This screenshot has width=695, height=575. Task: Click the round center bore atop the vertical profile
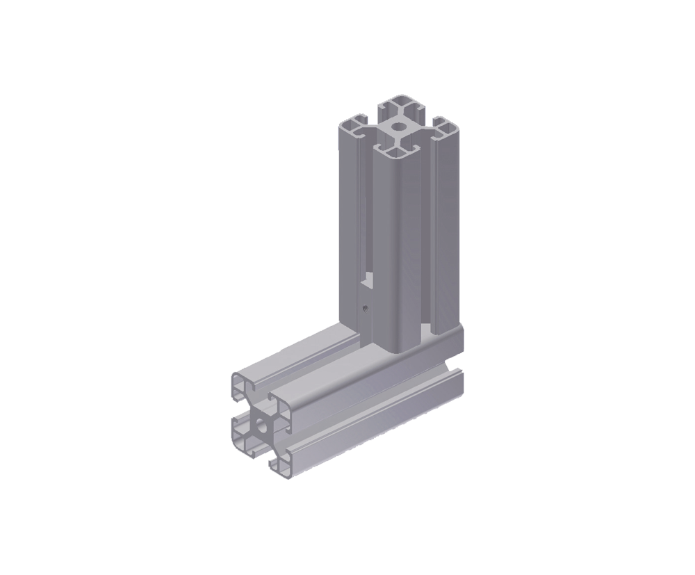pyautogui.click(x=399, y=127)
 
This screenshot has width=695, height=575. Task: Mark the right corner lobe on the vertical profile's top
pyautogui.click(x=445, y=128)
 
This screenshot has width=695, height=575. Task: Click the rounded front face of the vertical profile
pyautogui.click(x=400, y=243)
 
